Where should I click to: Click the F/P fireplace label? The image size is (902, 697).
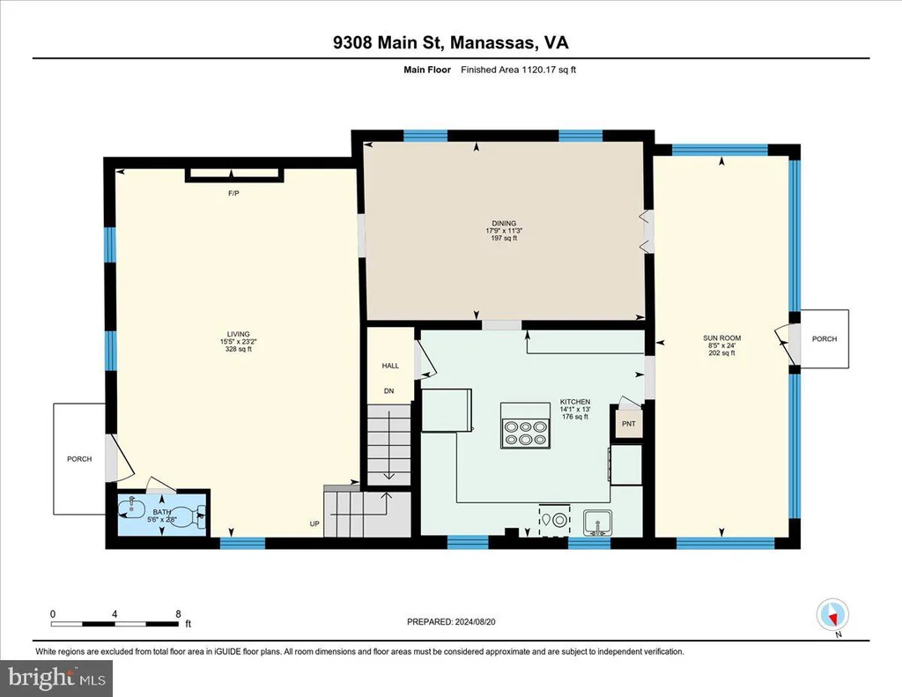tap(233, 193)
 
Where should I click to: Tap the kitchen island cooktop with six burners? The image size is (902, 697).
tap(525, 434)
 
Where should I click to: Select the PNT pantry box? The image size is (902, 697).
tap(628, 424)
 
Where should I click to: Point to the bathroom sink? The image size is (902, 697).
tap(132, 508)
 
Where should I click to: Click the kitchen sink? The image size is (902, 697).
tap(598, 523)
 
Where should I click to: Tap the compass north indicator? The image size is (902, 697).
tap(833, 616)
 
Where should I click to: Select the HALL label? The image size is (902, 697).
tap(390, 366)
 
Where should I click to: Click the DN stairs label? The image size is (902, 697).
tap(388, 391)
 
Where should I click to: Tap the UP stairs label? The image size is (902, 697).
tap(314, 523)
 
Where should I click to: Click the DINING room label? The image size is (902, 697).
tap(504, 223)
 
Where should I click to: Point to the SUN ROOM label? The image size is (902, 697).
tap(722, 338)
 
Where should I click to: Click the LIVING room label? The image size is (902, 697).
tap(238, 334)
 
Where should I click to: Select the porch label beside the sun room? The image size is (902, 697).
tap(824, 339)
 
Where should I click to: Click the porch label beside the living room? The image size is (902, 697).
tap(79, 459)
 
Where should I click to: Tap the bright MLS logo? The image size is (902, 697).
tap(56, 678)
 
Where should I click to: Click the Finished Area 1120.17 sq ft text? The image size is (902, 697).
tap(518, 70)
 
